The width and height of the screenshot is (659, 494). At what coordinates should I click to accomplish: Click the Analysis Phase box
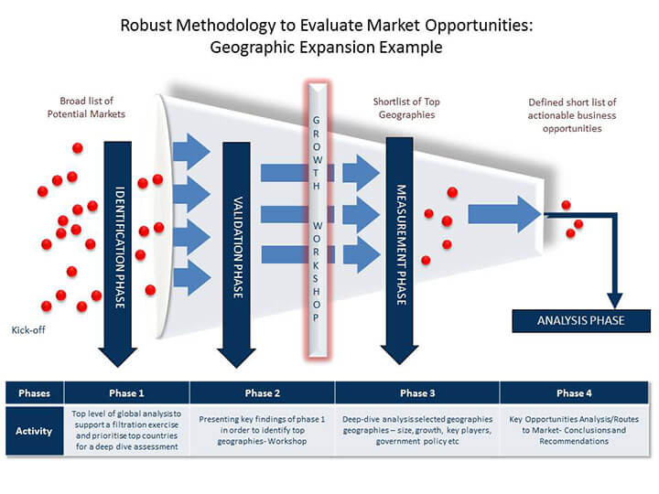581,321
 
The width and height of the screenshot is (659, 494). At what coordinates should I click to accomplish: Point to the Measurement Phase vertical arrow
399,251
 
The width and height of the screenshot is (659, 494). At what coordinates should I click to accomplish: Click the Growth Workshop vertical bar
318,220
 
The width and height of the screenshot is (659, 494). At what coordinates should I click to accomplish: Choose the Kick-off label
28,330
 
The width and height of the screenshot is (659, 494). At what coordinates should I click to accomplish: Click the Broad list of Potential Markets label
86,108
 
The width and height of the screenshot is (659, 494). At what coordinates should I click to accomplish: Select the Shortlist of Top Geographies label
406,108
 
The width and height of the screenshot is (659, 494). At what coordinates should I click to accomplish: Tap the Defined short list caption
572,115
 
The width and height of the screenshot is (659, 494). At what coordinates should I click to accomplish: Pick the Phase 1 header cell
126,393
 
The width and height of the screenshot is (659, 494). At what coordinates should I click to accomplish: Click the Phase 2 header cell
263,393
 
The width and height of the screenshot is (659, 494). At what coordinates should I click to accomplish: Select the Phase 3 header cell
417,393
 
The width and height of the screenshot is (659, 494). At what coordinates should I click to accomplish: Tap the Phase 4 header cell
574,393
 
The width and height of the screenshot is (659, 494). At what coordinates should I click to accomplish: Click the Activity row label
34,431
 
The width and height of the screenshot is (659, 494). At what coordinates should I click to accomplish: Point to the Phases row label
35,393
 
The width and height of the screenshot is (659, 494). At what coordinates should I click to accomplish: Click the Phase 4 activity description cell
574,430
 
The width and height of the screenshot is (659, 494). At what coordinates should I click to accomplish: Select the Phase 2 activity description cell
263,430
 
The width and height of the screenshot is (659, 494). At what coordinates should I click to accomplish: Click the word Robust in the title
146,26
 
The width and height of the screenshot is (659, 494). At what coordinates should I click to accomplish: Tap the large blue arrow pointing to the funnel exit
504,214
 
